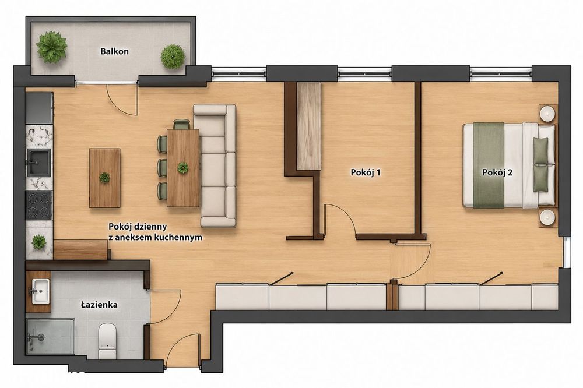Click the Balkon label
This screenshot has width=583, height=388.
[x=114, y=51]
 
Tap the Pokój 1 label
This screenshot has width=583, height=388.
[x=366, y=172]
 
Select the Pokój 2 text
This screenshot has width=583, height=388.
[x=497, y=172]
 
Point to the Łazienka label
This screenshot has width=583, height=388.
[x=99, y=305]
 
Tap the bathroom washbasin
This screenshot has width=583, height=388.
[x=40, y=291]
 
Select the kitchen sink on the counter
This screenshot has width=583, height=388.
[x=38, y=163]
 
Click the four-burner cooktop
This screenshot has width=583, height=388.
[x=38, y=204]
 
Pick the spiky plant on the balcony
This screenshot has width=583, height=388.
[x=52, y=47]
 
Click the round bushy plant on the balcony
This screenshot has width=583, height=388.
[x=173, y=57]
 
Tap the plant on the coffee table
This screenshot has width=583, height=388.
[x=104, y=178]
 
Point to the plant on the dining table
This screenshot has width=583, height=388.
[x=182, y=168]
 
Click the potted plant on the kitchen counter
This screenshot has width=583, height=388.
[x=39, y=242]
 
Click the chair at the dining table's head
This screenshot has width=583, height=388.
[x=182, y=124]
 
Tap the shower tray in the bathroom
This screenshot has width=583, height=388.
[x=50, y=337]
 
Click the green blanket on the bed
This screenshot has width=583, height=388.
[x=489, y=165]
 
